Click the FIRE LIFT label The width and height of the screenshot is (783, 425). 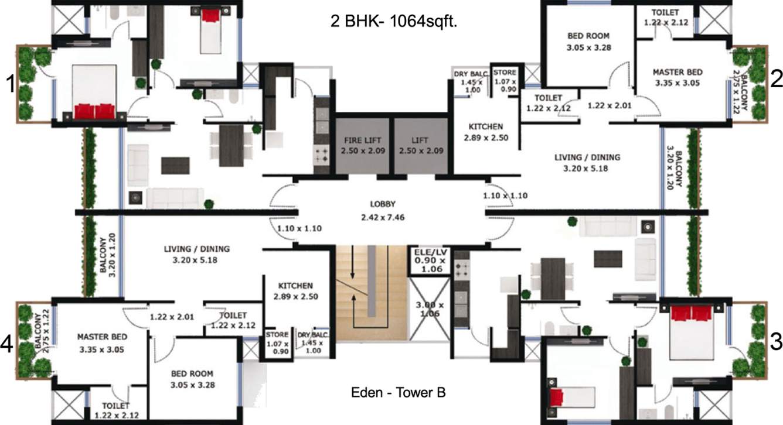tap(362, 140)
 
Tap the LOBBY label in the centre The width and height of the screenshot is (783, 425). tap(383, 204)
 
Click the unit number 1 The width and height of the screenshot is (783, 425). tap(10, 85)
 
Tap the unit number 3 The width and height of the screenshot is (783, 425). tap(776, 342)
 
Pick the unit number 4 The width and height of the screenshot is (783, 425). tap(8, 346)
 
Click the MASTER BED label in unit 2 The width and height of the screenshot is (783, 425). tap(677, 73)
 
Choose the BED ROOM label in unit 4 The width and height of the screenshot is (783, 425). tap(192, 373)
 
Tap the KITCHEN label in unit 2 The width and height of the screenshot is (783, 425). tap(486, 126)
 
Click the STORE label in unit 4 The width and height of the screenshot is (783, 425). tap(277, 334)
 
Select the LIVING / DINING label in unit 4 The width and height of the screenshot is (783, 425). tap(196, 249)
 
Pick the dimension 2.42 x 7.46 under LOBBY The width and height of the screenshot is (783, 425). tap(383, 217)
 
